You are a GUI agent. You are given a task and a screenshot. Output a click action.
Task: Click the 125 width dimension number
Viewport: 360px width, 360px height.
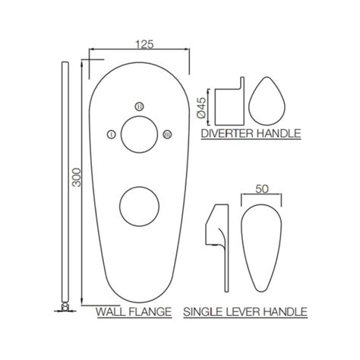click(139, 44)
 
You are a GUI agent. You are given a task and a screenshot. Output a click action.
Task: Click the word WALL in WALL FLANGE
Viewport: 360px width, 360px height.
click(109, 311)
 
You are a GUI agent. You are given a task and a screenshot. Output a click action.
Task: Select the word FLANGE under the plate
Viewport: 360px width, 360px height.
click(148, 311)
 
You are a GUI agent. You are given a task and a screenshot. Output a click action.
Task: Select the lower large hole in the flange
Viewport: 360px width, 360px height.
click(140, 204)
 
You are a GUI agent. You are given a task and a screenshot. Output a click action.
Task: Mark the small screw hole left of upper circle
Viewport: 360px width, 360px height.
click(112, 135)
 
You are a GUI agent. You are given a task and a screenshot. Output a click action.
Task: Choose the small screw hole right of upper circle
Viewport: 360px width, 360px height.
click(167, 135)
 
